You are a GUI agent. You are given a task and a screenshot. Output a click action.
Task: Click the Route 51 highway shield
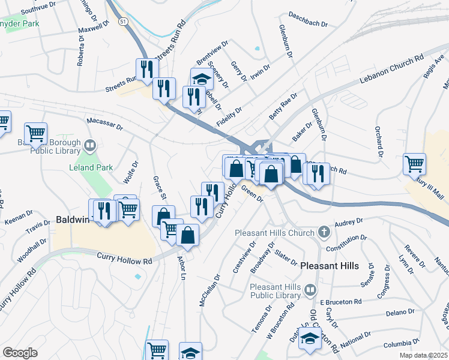(122, 20)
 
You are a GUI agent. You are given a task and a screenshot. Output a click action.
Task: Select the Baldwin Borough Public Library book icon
(89, 145)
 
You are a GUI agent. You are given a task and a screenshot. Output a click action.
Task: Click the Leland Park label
(91, 167)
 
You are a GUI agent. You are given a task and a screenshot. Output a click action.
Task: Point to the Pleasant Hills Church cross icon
(324, 232)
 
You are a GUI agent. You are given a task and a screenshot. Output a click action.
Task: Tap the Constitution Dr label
(346, 244)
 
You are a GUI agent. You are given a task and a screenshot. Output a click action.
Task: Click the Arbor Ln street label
(181, 268)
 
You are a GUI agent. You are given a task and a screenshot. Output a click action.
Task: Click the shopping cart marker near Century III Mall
(415, 163)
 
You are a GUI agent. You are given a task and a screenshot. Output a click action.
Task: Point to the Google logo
(20, 353)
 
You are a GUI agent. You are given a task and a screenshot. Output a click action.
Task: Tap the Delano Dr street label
(400, 313)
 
